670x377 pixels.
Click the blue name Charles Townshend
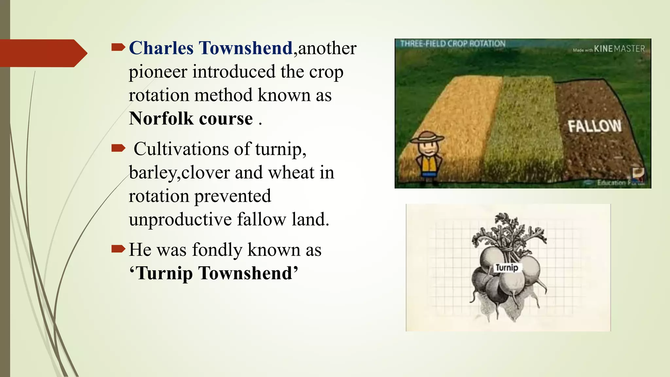[211, 48]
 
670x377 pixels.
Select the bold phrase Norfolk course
[191, 118]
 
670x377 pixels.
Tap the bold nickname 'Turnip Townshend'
[214, 273]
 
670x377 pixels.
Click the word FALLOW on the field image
[594, 126]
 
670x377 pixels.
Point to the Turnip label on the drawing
[507, 268]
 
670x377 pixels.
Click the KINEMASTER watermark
[619, 49]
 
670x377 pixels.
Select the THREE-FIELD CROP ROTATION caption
[453, 44]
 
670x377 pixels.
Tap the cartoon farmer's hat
[427, 137]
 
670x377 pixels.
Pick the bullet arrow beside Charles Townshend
[118, 48]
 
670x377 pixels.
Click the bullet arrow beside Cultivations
[118, 149]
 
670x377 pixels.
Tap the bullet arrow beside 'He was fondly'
[118, 249]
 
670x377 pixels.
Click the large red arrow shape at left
[43, 53]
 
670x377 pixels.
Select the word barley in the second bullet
[152, 173]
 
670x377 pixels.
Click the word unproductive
[180, 219]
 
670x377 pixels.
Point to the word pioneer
[158, 72]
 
